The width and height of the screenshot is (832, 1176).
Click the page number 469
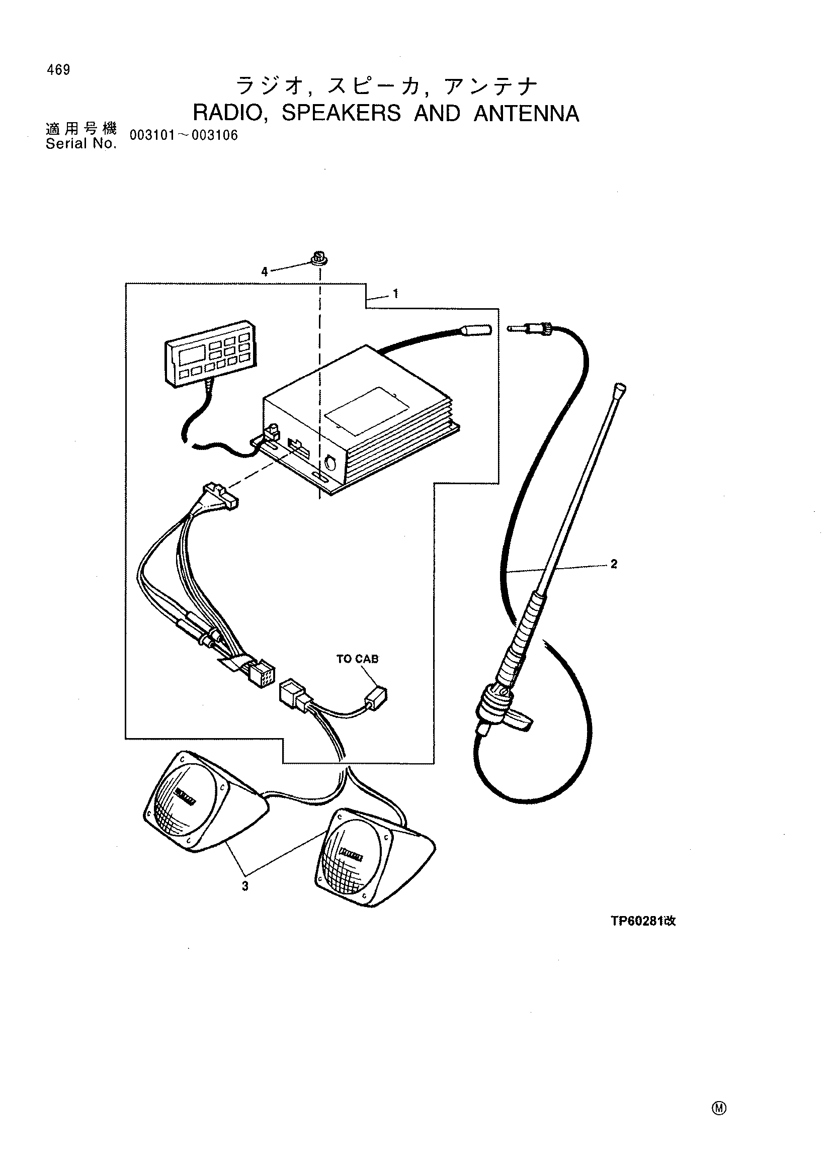[x=58, y=70]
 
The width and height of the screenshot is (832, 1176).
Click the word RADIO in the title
[x=228, y=113]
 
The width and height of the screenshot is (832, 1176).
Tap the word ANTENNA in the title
[x=526, y=113]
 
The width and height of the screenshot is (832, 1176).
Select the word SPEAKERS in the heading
[x=341, y=113]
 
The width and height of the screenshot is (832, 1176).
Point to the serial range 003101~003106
[x=184, y=135]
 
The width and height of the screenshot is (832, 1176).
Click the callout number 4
[x=265, y=272]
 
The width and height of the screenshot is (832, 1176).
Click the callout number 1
[x=395, y=294]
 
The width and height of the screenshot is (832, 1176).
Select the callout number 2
[x=614, y=564]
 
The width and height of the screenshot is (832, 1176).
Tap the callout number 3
[x=245, y=886]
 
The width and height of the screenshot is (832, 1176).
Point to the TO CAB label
[x=357, y=659]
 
